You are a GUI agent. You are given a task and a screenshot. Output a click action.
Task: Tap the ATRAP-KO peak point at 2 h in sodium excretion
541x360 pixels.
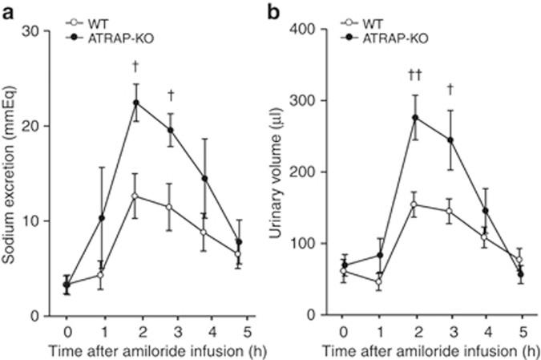[136, 103]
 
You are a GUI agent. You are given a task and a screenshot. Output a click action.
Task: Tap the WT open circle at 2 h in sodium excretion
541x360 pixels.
[136, 196]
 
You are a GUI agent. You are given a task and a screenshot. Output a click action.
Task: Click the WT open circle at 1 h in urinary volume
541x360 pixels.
[379, 281]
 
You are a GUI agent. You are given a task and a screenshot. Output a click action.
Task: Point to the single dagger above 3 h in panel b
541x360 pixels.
[450, 88]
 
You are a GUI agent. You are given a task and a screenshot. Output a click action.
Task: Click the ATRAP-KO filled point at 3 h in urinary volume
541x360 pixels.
[450, 140]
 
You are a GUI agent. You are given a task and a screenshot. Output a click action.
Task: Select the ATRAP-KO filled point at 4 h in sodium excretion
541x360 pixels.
[205, 179]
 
